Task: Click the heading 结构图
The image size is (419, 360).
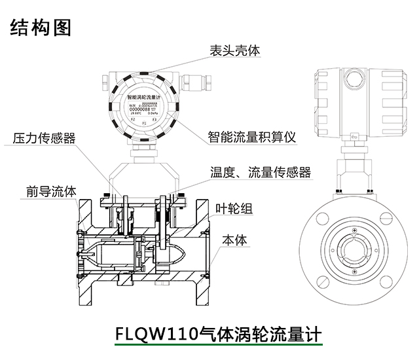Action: coord(41,27)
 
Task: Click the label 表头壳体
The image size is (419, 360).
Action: coord(234,50)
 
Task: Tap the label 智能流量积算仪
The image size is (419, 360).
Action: coord(252,137)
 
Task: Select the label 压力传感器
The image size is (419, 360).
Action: coord(45,138)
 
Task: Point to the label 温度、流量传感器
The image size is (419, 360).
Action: coord(260,172)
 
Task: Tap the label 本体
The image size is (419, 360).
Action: coord(234,240)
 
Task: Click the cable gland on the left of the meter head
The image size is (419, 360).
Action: coord(105,81)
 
